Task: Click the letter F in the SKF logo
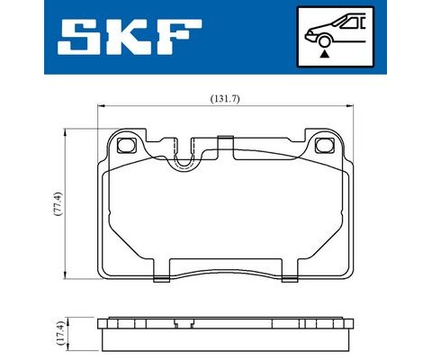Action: pos(179,37)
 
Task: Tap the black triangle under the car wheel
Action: pos(324,54)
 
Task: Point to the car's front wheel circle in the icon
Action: pos(324,41)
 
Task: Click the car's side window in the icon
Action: pos(352,23)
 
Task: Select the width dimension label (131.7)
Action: pos(225,99)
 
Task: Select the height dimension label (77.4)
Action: pos(58,204)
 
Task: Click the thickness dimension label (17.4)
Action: pos(60,333)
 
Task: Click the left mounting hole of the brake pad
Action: pos(127,145)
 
